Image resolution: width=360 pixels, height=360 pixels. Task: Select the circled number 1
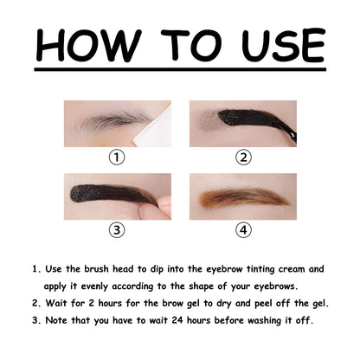(118, 157)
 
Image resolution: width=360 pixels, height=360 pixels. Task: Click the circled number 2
(243, 157)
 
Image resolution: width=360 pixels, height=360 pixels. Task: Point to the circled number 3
(118, 230)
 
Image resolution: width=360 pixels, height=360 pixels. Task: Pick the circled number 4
(243, 230)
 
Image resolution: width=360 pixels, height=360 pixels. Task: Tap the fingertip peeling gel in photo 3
(163, 206)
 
